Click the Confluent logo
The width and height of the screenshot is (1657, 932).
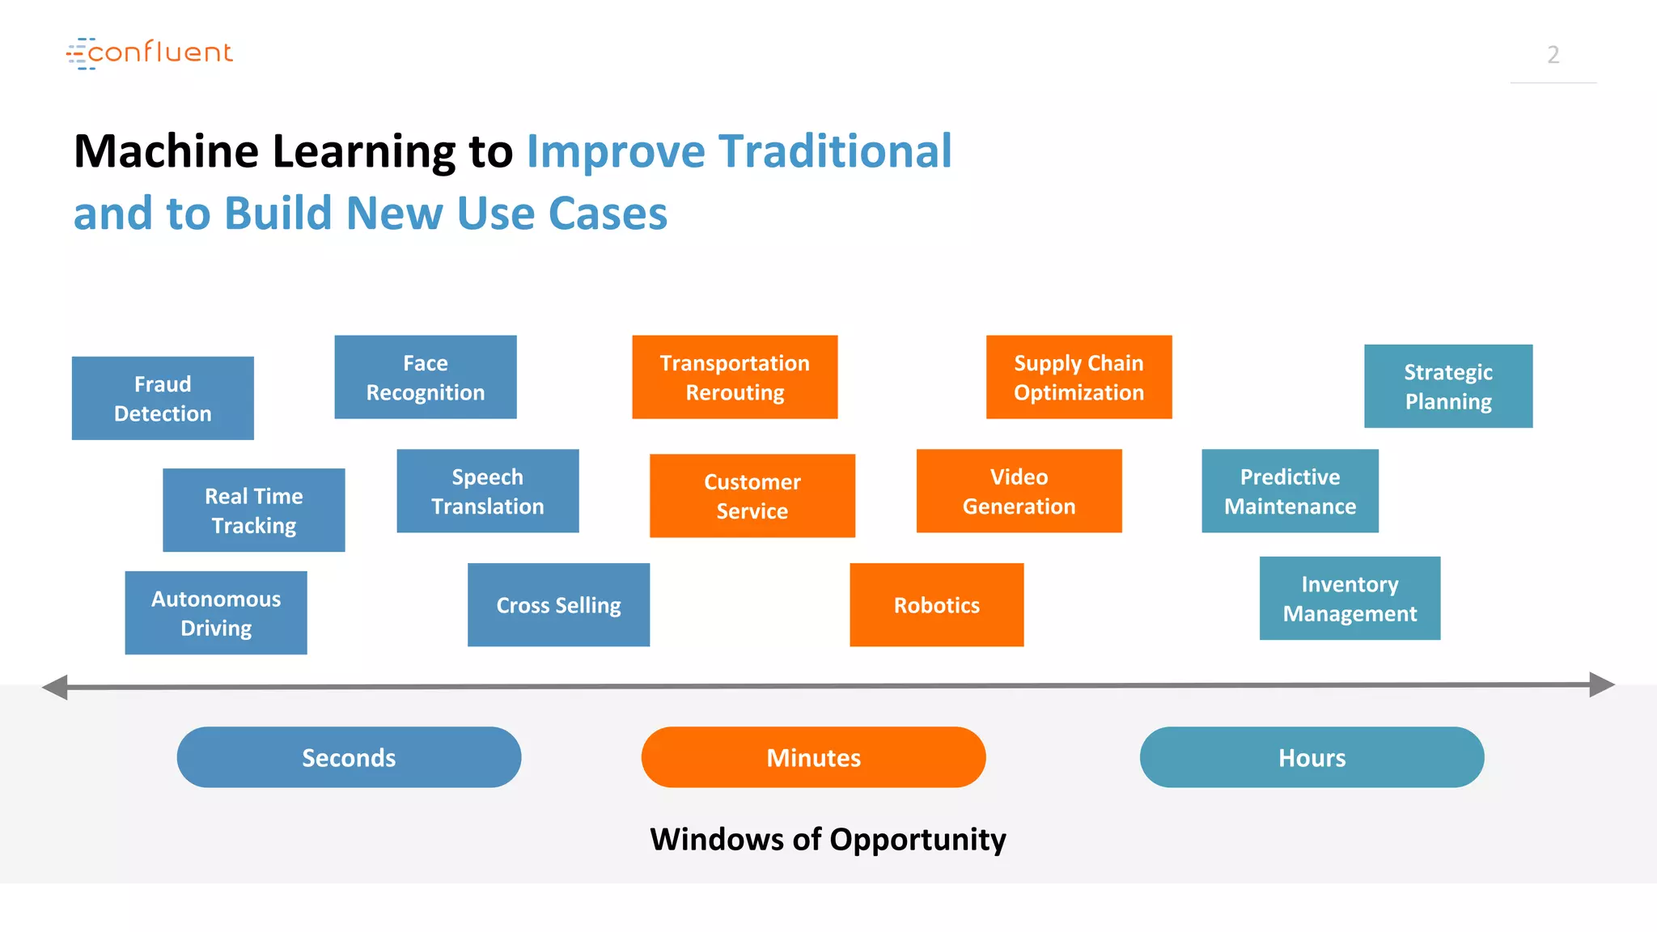click(150, 53)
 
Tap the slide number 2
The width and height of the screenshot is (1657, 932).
click(1553, 54)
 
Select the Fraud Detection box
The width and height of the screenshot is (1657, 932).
click(163, 398)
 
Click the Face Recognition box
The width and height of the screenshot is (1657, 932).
click(426, 377)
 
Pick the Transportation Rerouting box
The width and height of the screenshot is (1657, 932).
click(735, 377)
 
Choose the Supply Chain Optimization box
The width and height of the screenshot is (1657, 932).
click(1079, 377)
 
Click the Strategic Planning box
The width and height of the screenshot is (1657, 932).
click(1448, 386)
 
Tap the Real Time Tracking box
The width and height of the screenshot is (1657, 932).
click(254, 510)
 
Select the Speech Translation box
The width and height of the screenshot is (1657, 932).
click(488, 491)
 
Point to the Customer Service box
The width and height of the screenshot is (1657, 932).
click(752, 495)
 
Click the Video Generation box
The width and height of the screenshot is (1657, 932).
click(1019, 491)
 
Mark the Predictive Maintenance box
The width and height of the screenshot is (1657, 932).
click(1290, 491)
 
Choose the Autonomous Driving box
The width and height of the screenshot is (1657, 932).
click(216, 612)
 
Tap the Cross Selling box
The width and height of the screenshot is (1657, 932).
click(558, 604)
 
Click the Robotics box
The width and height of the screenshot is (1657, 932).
click(936, 604)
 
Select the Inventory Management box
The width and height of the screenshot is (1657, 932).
click(1350, 598)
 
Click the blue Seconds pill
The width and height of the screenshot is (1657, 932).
click(349, 757)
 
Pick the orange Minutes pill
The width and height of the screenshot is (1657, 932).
click(813, 757)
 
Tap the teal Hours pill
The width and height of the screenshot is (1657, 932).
click(1312, 757)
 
